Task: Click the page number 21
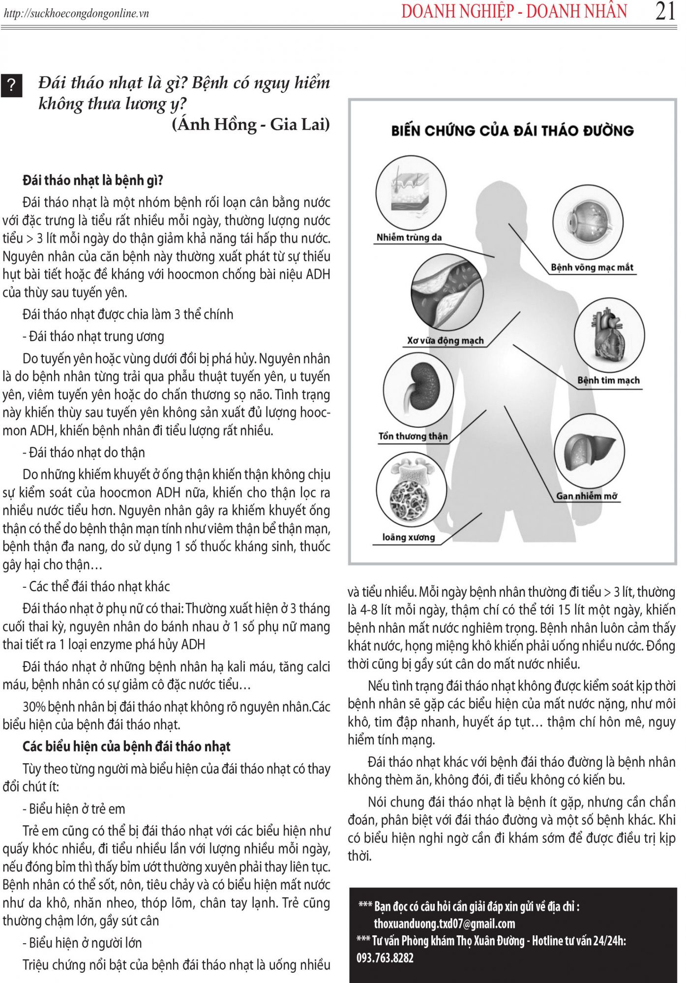[665, 11]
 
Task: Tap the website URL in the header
[76, 13]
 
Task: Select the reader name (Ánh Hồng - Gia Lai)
[251, 124]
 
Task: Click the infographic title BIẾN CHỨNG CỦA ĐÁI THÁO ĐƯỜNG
[512, 131]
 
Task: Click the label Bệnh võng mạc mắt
[592, 268]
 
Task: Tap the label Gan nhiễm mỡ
[587, 496]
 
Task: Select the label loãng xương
[409, 538]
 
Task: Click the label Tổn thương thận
[413, 436]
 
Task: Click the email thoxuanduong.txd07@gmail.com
[444, 924]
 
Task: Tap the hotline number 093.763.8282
[385, 957]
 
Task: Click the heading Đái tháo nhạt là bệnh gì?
[93, 180]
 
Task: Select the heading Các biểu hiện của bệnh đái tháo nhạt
[126, 747]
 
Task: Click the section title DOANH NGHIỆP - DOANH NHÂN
[514, 11]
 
